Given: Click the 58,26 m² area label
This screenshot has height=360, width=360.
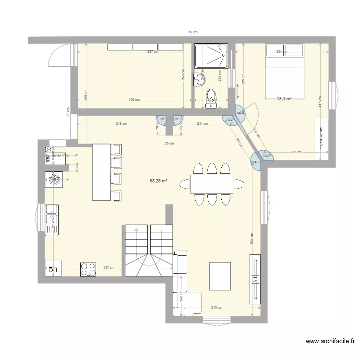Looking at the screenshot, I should click(158, 181).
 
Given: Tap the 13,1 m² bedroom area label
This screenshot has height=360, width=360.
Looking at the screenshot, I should click(284, 99).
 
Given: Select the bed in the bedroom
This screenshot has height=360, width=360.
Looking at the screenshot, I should click(285, 70).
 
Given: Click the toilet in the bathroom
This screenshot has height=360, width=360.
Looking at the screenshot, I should click(210, 98).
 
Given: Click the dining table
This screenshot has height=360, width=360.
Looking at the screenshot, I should click(212, 184).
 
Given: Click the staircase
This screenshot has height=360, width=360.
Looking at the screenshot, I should click(148, 251).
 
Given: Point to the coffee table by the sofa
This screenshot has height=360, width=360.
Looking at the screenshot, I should click(220, 276).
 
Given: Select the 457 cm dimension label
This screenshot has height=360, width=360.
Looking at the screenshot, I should click(108, 268).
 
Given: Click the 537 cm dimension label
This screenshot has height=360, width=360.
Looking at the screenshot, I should click(153, 52).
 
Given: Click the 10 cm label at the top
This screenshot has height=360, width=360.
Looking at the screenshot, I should click(192, 32).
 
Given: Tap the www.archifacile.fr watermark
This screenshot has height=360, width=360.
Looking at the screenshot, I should click(330, 342).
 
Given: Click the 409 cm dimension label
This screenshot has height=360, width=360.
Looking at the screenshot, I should click(134, 100).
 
